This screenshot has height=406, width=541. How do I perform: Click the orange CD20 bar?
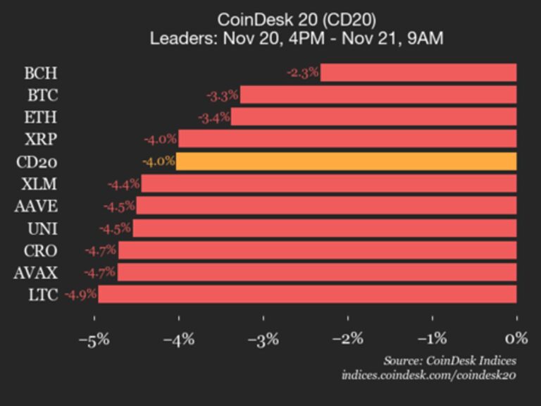pyautogui.click(x=346, y=161)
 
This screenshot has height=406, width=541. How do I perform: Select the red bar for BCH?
pyautogui.click(x=418, y=73)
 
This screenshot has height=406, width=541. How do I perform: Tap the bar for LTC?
pyautogui.click(x=307, y=294)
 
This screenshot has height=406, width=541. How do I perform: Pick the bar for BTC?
pyautogui.click(x=378, y=95)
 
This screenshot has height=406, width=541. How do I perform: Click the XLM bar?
pyautogui.click(x=329, y=184)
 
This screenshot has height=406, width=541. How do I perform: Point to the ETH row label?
pyautogui.click(x=41, y=117)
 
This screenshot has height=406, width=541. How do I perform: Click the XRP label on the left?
pyautogui.click(x=41, y=139)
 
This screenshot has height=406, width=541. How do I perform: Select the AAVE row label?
pyautogui.click(x=36, y=206)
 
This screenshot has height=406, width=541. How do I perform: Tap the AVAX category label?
pyautogui.click(x=35, y=272)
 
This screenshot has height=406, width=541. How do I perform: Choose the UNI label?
pyautogui.click(x=42, y=228)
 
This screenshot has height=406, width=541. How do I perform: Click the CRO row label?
pyautogui.click(x=40, y=250)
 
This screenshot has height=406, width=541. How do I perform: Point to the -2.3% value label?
pyautogui.click(x=303, y=73)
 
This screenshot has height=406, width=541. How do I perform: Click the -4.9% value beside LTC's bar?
pyautogui.click(x=80, y=294)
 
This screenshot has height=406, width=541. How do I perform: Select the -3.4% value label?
pyautogui.click(x=213, y=117)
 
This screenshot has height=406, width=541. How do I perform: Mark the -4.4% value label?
pyautogui.click(x=124, y=184)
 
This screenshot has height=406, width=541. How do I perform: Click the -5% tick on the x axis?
pyautogui.click(x=94, y=339)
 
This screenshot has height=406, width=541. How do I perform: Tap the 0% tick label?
pyautogui.click(x=516, y=339)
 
